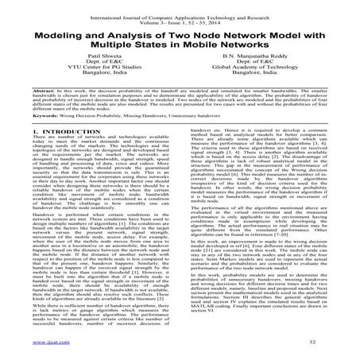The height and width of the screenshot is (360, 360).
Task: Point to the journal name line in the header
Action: (x=180, y=8)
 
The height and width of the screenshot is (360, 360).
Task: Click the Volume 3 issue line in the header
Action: (x=180, y=14)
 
